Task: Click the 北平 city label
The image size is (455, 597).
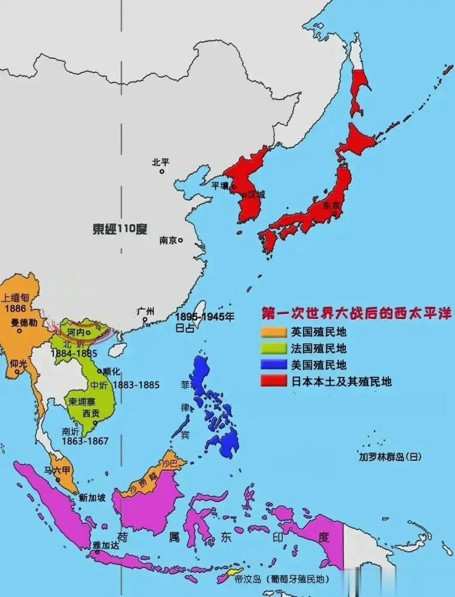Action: coord(160,162)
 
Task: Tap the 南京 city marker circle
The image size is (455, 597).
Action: coord(180,240)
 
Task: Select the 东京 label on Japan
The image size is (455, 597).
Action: coord(332,205)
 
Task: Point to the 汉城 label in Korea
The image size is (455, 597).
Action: coord(256,194)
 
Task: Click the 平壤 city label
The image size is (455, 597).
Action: coord(220,185)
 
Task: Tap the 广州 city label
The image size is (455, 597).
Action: coord(146,312)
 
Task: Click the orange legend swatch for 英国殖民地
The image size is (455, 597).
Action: coord(273,332)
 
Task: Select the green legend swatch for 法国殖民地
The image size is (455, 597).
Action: coord(273,348)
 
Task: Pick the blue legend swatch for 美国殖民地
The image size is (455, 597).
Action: coord(273,364)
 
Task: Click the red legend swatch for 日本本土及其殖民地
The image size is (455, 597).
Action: coord(273,381)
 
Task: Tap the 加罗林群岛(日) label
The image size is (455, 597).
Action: coord(390,457)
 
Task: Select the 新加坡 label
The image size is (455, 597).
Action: coord(92,498)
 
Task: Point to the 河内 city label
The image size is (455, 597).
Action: coord(75,333)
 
